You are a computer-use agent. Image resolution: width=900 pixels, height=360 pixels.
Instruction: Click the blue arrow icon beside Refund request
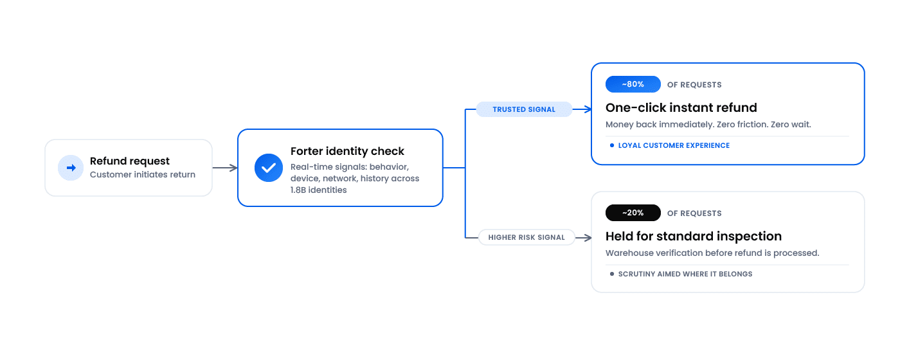pyautogui.click(x=71, y=168)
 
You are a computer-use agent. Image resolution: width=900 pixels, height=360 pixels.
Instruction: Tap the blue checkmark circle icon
pyautogui.click(x=269, y=168)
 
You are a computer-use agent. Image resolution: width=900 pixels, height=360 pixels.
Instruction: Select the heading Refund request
pyautogui.click(x=130, y=161)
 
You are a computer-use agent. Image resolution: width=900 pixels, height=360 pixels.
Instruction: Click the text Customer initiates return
pyautogui.click(x=143, y=174)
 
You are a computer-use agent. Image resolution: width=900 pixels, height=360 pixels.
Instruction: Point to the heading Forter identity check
pyautogui.click(x=347, y=151)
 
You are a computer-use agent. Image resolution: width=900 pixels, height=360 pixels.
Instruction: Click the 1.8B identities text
pyautogui.click(x=319, y=190)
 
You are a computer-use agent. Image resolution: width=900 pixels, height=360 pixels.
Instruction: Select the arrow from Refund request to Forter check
pyautogui.click(x=225, y=168)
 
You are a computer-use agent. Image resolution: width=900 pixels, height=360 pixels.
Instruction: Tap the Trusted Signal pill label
pyautogui.click(x=524, y=109)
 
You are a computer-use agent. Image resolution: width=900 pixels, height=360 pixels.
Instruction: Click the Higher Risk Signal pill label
pyautogui.click(x=526, y=237)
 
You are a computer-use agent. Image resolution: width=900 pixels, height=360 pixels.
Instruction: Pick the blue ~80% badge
pyautogui.click(x=633, y=84)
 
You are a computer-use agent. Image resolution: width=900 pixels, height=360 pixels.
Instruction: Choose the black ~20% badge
pyautogui.click(x=633, y=213)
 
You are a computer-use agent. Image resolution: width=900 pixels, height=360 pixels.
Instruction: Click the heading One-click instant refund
pyautogui.click(x=681, y=108)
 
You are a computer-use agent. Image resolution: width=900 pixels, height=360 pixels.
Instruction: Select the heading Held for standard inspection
pyautogui.click(x=694, y=237)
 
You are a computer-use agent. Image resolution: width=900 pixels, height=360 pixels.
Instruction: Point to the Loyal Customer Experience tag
pyautogui.click(x=670, y=145)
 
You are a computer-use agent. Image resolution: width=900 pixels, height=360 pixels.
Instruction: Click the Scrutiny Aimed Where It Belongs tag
pyautogui.click(x=681, y=274)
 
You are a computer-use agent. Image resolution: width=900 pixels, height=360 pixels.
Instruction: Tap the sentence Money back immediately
pyautogui.click(x=660, y=125)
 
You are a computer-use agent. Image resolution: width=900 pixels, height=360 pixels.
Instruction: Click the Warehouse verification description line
pyautogui.click(x=712, y=253)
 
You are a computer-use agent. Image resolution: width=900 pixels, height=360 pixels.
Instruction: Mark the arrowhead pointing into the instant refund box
pyautogui.click(x=588, y=109)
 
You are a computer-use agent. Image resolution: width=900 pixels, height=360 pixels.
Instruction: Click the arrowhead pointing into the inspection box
pyautogui.click(x=588, y=238)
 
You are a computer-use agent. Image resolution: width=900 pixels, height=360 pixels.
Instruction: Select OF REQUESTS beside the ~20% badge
pyautogui.click(x=694, y=213)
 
